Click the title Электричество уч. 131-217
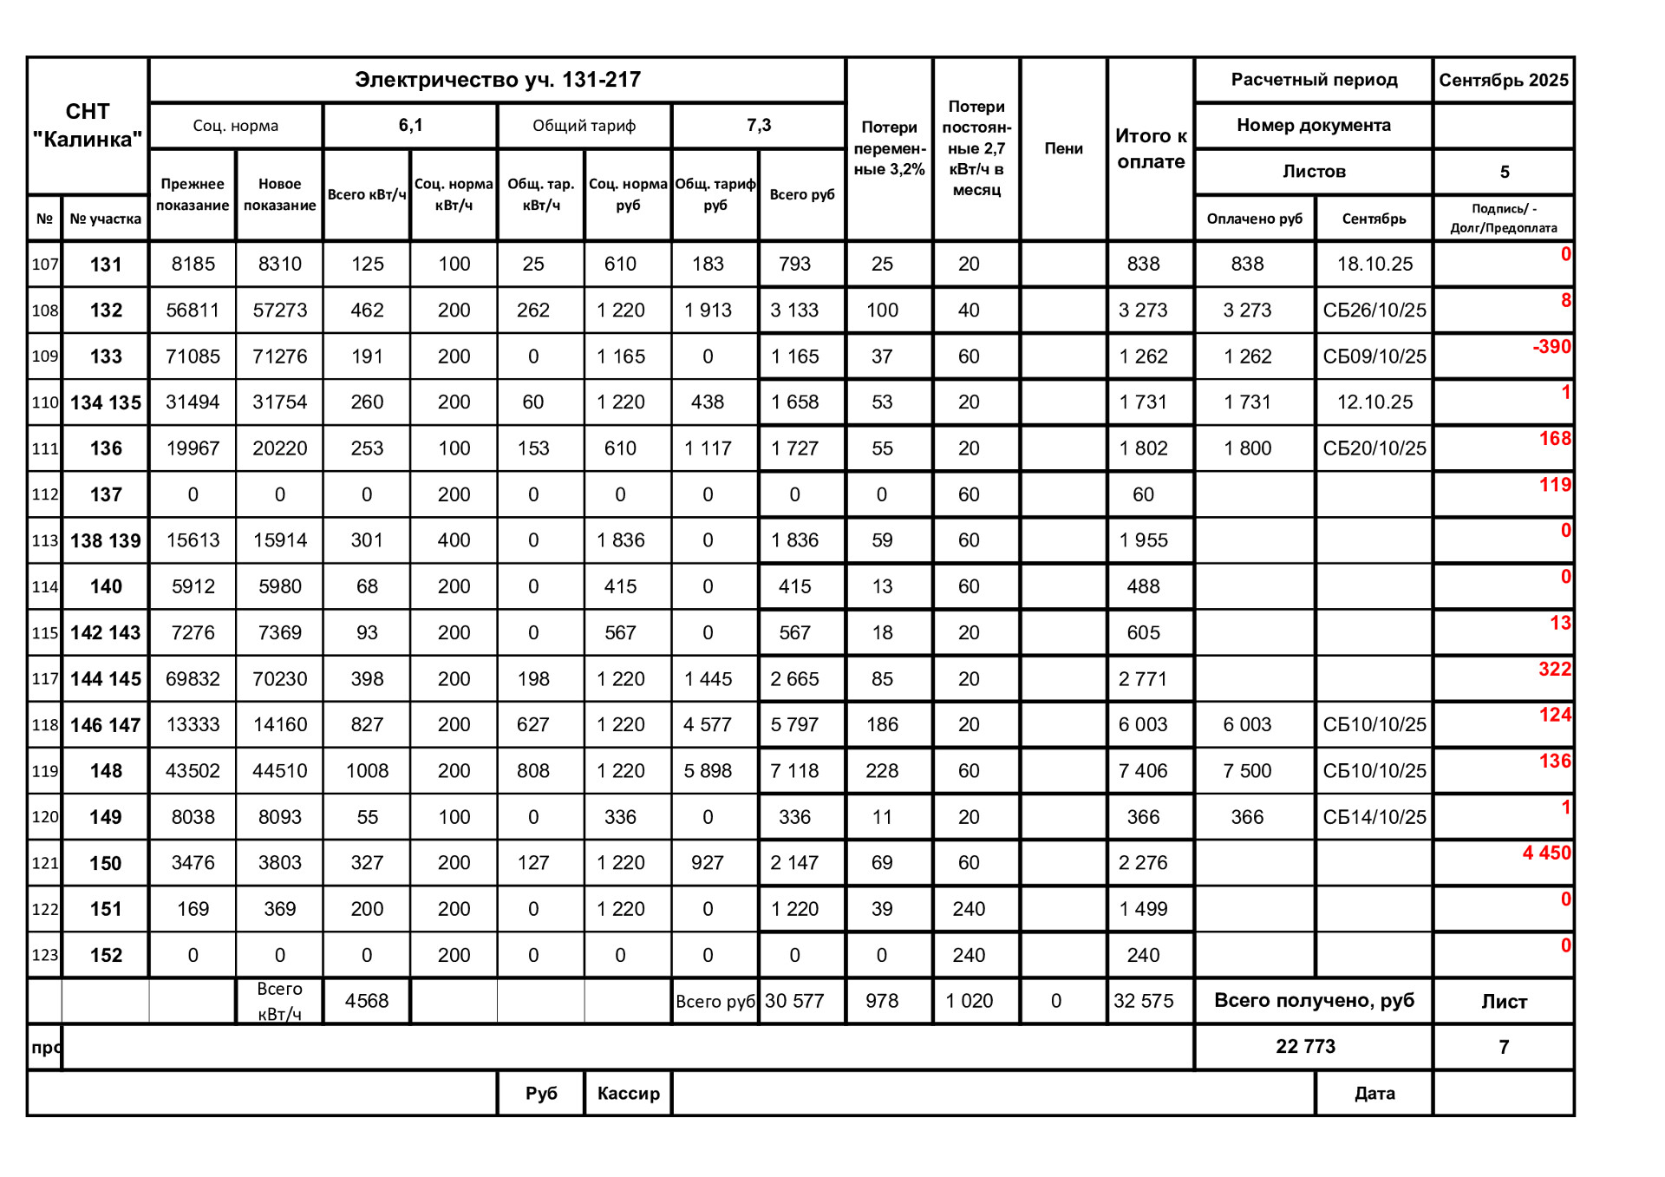[x=497, y=80]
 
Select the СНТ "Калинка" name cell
[x=88, y=125]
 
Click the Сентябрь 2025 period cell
[x=1504, y=80]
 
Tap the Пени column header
[x=1063, y=148]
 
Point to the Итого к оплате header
[x=1151, y=148]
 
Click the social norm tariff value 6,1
[x=410, y=125]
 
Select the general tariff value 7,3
[x=759, y=125]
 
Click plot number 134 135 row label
[x=106, y=402]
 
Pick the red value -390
[x=1551, y=347]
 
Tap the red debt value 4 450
[x=1546, y=853]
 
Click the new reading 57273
[x=279, y=311]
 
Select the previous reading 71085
[x=193, y=356]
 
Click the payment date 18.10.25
[x=1374, y=264]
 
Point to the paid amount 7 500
[x=1247, y=771]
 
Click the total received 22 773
[x=1305, y=1046]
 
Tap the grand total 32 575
[x=1143, y=1001]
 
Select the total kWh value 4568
[x=367, y=1001]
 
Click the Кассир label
[x=628, y=1093]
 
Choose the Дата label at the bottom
[x=1374, y=1093]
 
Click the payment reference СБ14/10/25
[x=1374, y=817]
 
